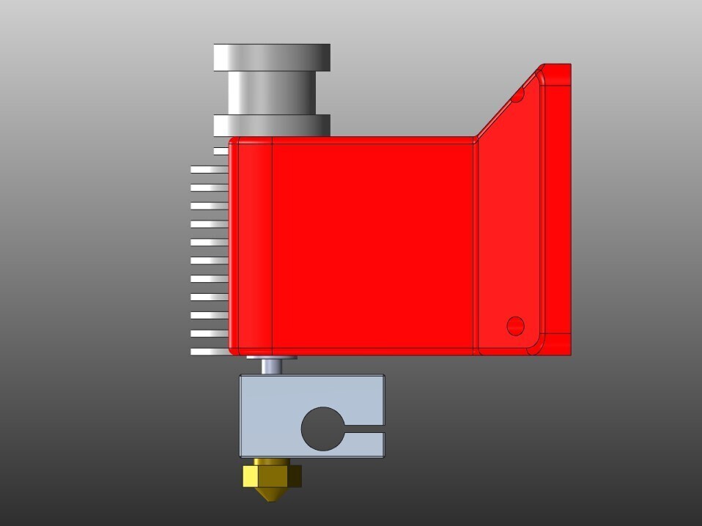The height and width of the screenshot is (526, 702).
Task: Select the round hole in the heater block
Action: (320, 428)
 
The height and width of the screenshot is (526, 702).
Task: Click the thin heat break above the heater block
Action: (272, 366)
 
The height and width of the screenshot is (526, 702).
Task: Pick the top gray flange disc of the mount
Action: (272, 57)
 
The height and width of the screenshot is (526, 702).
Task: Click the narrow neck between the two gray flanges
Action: (272, 92)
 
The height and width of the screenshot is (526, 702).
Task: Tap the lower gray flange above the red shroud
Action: (272, 125)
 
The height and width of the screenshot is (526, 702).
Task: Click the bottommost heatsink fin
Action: (210, 352)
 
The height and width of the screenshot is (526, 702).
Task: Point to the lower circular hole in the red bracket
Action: (515, 325)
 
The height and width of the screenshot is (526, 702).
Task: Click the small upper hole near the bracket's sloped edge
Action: (517, 95)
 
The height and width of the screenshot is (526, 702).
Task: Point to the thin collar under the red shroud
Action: (272, 358)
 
